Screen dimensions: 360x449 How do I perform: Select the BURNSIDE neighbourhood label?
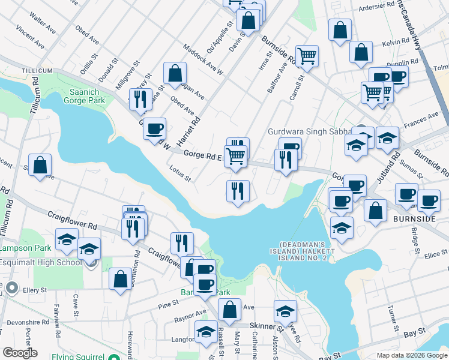coord(414,219)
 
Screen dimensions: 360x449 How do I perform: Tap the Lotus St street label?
coord(179,173)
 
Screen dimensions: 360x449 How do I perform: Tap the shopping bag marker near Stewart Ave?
coord(40,165)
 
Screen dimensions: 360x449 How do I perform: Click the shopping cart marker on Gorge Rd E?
coord(235,156)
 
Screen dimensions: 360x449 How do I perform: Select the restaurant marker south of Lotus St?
coord(238,191)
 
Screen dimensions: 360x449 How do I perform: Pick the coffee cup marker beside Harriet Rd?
coord(155,128)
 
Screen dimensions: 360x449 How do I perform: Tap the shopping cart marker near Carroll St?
coord(307,56)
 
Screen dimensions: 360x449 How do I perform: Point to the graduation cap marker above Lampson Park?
coord(66,239)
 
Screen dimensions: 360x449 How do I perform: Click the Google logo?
coord(20,352)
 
